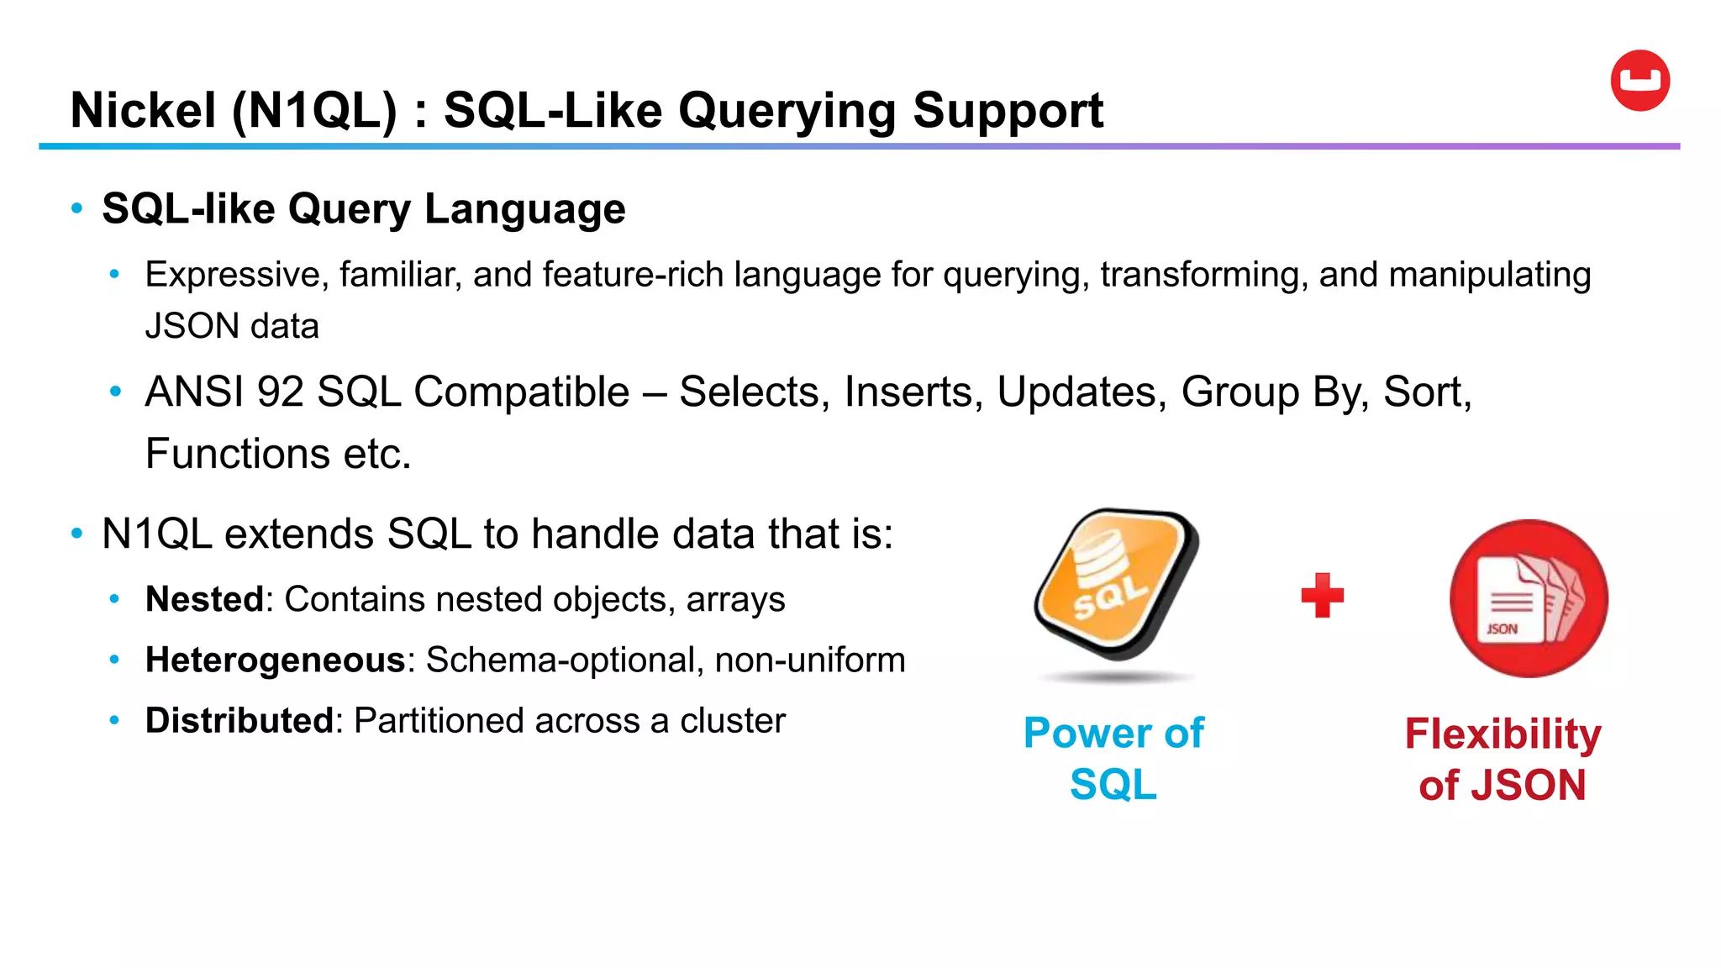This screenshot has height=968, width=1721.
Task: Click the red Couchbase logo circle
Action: tap(1639, 81)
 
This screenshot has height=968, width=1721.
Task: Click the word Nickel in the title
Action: tap(144, 111)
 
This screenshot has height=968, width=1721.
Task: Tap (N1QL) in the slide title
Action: tap(313, 111)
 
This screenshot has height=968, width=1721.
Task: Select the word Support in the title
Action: tap(1008, 111)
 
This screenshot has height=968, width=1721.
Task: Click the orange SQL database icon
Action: tap(1116, 583)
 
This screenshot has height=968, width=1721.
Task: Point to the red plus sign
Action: tap(1322, 596)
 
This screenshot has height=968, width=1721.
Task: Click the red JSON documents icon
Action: tap(1528, 598)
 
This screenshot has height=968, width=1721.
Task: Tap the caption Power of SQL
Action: tap(1113, 758)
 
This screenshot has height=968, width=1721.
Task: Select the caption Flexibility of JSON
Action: tap(1503, 759)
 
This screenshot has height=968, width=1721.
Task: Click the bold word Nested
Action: tap(204, 599)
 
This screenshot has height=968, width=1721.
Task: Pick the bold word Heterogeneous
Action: tap(276, 660)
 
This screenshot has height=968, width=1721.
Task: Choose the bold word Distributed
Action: tap(239, 720)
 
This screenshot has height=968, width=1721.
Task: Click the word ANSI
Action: tap(195, 392)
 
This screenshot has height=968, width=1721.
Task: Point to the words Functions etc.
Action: tap(277, 454)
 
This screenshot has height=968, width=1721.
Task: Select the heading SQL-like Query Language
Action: tap(363, 208)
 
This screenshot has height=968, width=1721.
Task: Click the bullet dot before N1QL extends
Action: tap(77, 534)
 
